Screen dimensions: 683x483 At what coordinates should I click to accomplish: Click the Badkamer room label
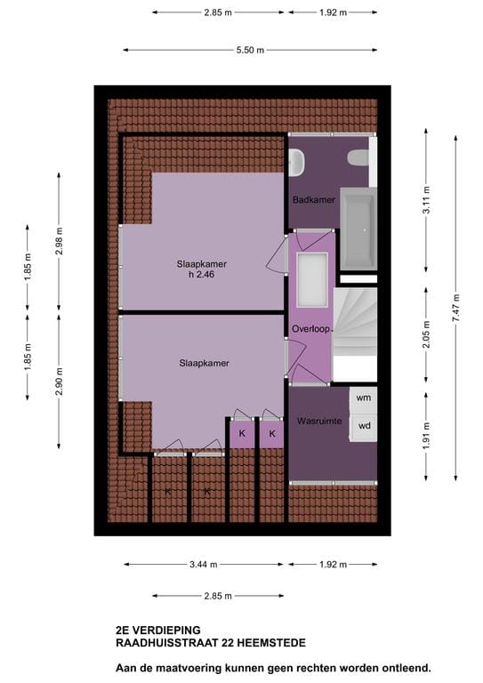313,200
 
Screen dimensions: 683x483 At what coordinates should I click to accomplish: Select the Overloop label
310,329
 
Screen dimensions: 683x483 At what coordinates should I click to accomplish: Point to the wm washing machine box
363,398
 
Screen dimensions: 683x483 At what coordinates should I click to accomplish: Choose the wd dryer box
364,426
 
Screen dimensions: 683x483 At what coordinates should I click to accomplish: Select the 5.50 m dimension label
250,51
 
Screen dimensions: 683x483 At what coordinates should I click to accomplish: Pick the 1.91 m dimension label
426,432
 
